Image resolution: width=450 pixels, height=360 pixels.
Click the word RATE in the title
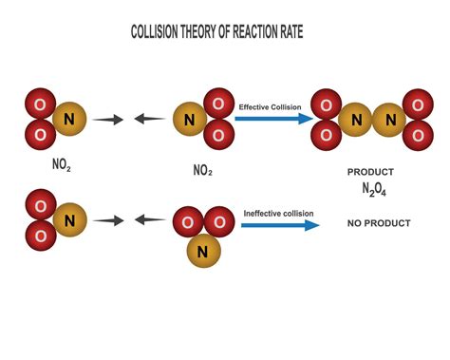(x=306, y=34)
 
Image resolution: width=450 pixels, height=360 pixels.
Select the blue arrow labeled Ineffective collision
(x=280, y=226)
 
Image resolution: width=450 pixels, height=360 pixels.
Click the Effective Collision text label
(x=269, y=107)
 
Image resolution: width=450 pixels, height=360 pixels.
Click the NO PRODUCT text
(x=379, y=224)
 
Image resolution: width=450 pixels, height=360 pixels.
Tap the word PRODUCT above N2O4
(x=371, y=172)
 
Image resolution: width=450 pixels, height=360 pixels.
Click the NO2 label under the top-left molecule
(x=62, y=163)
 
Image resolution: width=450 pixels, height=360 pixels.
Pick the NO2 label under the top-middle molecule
(x=202, y=172)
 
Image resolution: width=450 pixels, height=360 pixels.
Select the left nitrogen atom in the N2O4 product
(x=356, y=120)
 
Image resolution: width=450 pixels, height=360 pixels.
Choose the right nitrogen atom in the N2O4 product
(x=389, y=120)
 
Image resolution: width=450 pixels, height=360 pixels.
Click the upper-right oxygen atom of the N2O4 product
(x=418, y=104)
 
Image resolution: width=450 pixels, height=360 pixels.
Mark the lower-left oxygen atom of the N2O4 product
(x=328, y=136)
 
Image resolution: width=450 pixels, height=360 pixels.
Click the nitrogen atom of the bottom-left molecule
(x=68, y=220)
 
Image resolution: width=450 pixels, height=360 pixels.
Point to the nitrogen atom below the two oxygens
(x=201, y=252)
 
